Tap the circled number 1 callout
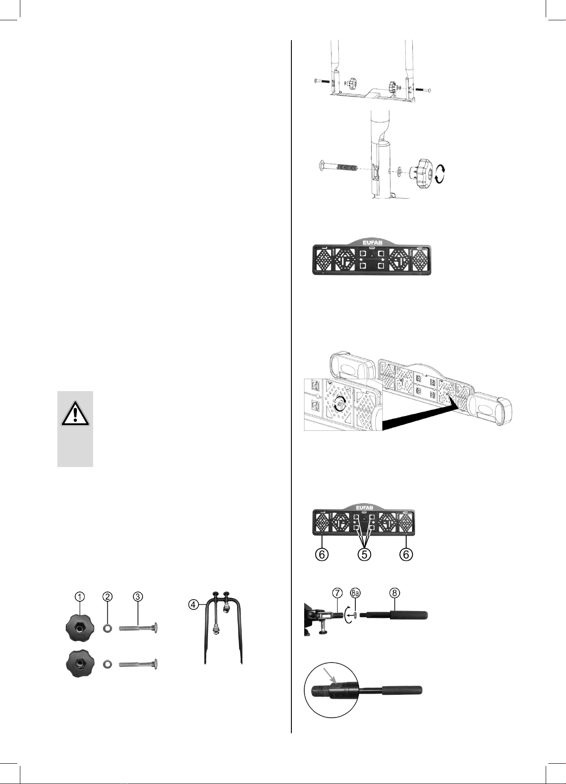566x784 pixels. [x=79, y=596]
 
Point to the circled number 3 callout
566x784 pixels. [x=138, y=596]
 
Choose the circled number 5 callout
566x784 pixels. [x=364, y=554]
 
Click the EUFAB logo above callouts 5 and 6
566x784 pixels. [x=364, y=506]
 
